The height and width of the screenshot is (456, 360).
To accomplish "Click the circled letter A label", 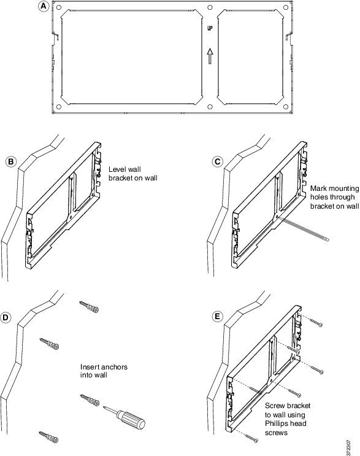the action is (x=44, y=6).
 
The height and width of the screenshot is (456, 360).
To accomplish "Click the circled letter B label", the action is (x=11, y=161).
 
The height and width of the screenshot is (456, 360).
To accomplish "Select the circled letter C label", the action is (x=217, y=161).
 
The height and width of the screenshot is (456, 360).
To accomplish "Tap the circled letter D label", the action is (x=5, y=317).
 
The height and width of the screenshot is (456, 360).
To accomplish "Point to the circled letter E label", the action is (x=217, y=317).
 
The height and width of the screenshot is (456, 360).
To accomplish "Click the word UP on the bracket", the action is (x=210, y=28).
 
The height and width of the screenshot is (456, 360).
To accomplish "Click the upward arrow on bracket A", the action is (x=210, y=56).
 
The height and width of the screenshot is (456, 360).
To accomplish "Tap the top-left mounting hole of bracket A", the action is (x=58, y=7).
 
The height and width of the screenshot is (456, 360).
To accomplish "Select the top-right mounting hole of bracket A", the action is (x=286, y=7).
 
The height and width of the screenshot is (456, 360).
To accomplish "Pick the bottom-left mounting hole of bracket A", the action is (x=59, y=107).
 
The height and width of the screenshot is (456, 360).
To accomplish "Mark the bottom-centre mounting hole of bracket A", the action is (x=210, y=107).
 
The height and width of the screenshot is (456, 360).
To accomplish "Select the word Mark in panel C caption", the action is (x=318, y=188).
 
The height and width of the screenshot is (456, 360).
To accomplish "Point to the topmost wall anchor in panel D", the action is (x=89, y=306).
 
